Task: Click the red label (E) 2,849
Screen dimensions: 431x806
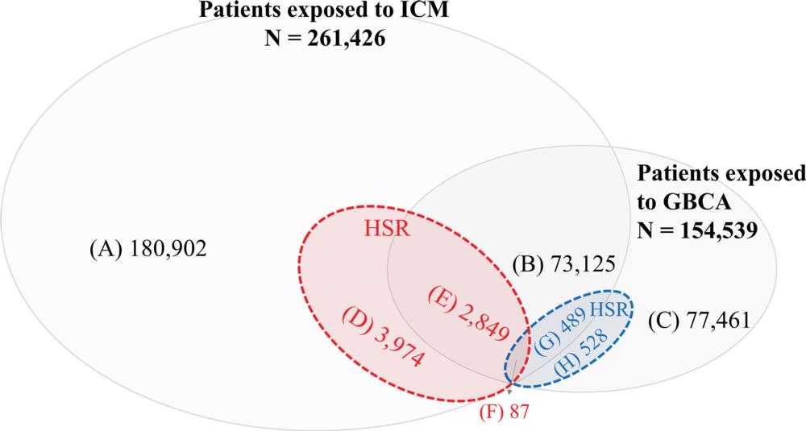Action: [x=468, y=314]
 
